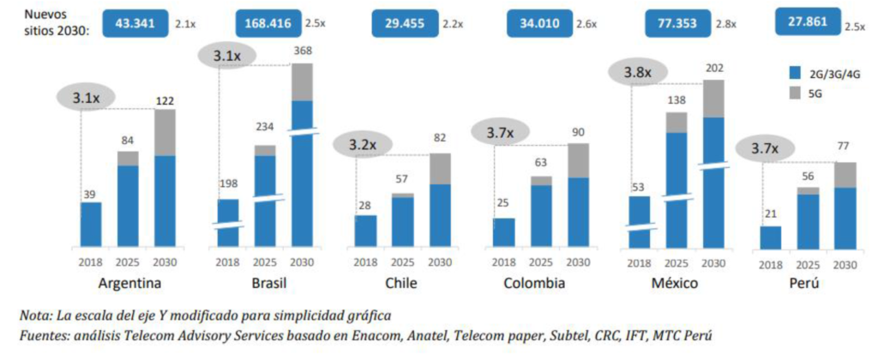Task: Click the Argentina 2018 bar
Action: pos(90,225)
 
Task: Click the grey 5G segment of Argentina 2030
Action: pos(165,132)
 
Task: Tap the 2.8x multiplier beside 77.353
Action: pos(726,25)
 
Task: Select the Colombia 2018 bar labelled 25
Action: pos(503,232)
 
